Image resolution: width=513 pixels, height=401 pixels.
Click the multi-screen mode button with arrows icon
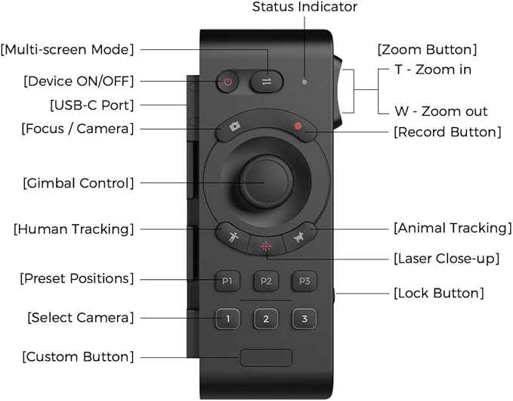click(266, 81)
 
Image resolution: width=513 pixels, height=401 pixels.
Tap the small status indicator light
click(304, 81)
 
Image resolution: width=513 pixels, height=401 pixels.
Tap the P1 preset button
click(227, 281)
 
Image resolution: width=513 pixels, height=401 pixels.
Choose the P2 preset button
click(266, 281)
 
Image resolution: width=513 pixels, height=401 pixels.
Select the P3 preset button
click(304, 281)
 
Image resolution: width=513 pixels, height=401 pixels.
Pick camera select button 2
click(266, 319)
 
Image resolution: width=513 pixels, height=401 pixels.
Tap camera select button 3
click(304, 319)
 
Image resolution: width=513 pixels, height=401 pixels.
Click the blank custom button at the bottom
click(266, 358)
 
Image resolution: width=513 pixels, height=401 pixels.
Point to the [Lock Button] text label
click(438, 293)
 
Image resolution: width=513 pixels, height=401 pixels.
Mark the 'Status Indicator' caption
click(304, 8)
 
